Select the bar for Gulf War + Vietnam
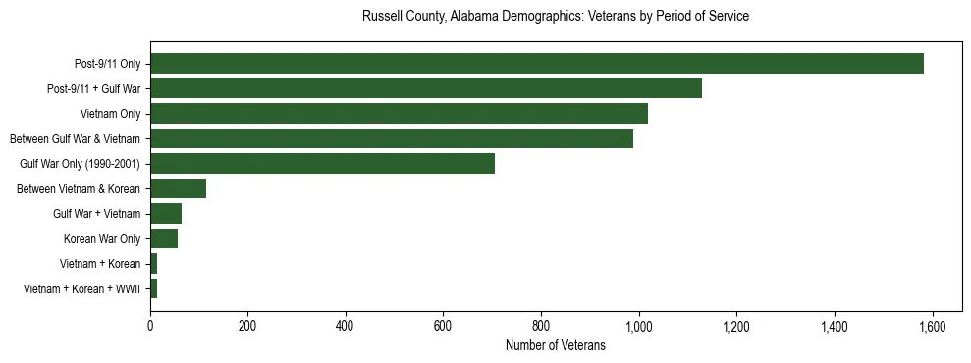tap(166, 213)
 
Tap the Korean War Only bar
tap(164, 238)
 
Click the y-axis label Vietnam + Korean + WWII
tap(81, 289)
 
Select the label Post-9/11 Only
tap(107, 64)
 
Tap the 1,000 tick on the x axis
tap(639, 326)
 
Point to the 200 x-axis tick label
tap(247, 326)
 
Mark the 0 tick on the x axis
tap(150, 326)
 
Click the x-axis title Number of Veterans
tap(555, 345)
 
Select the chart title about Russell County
tap(555, 17)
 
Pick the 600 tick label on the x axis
tap(443, 326)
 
